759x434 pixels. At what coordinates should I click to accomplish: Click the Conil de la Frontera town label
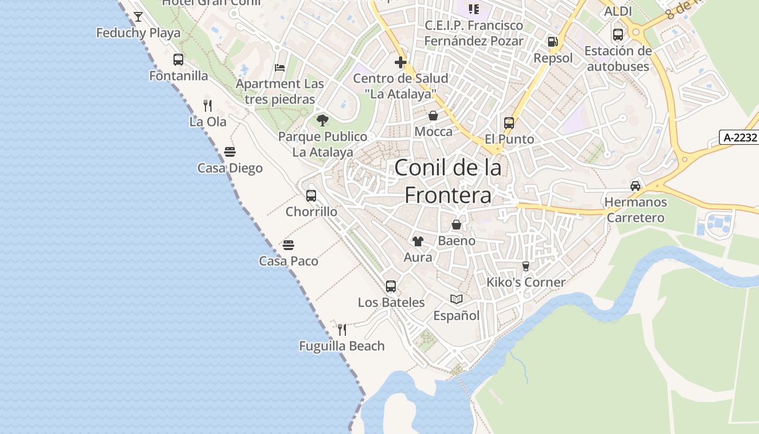pyautogui.click(x=448, y=181)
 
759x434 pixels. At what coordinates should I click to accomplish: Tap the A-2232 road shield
pyautogui.click(x=739, y=137)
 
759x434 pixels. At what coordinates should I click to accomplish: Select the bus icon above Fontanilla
pyautogui.click(x=178, y=60)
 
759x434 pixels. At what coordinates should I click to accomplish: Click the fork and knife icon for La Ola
pyautogui.click(x=208, y=105)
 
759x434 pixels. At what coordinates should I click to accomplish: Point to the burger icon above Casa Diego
pyautogui.click(x=230, y=151)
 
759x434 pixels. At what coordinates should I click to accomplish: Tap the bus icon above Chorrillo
pyautogui.click(x=311, y=196)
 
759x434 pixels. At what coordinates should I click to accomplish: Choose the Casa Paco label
pyautogui.click(x=288, y=261)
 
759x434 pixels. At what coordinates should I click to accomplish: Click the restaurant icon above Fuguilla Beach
pyautogui.click(x=342, y=329)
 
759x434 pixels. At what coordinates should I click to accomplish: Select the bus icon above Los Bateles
pyautogui.click(x=391, y=286)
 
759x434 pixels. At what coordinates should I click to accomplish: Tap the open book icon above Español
pyautogui.click(x=456, y=299)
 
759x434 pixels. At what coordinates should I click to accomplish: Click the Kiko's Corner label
pyautogui.click(x=526, y=282)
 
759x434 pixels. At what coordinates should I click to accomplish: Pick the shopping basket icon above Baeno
pyautogui.click(x=456, y=225)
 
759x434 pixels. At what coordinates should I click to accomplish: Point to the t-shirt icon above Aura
pyautogui.click(x=418, y=241)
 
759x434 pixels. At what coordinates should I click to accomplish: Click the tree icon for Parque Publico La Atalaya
pyautogui.click(x=323, y=120)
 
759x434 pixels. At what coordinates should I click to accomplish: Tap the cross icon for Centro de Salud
pyautogui.click(x=401, y=62)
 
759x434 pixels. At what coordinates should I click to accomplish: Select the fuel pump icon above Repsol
pyautogui.click(x=552, y=42)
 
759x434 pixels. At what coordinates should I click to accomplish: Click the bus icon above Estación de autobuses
pyautogui.click(x=618, y=34)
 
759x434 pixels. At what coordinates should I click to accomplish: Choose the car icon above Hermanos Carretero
pyautogui.click(x=635, y=186)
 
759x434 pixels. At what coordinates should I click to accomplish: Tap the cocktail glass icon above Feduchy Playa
pyautogui.click(x=138, y=17)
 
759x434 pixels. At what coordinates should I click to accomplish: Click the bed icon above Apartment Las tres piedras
pyautogui.click(x=280, y=68)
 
